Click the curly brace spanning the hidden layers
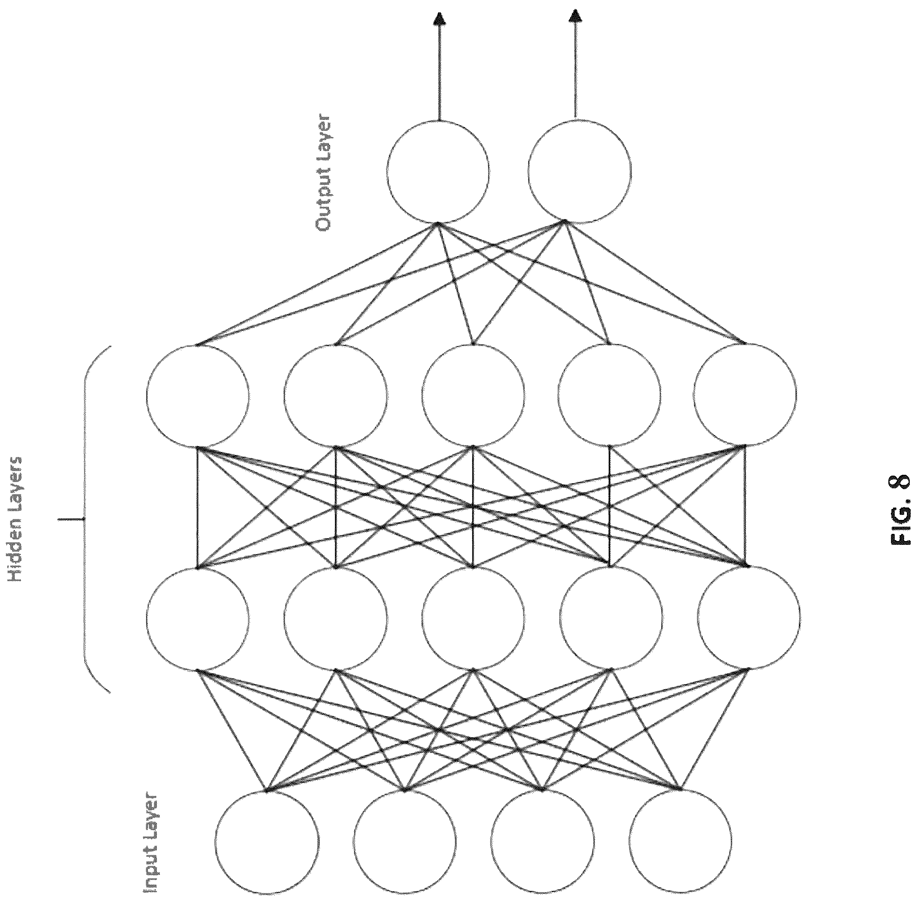[x=85, y=520]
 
